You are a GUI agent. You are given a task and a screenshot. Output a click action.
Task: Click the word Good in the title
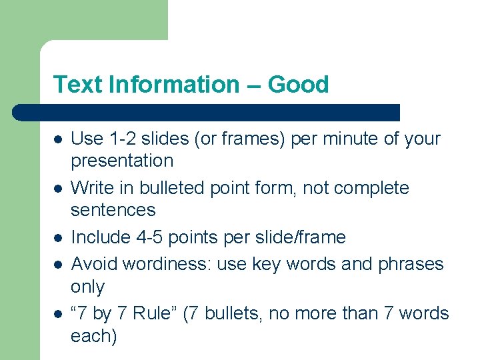click(x=298, y=85)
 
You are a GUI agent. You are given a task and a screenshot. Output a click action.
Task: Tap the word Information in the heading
click(x=173, y=85)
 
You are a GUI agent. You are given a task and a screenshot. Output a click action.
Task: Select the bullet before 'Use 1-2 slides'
click(x=58, y=140)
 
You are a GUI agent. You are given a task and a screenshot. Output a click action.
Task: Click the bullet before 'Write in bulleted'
click(x=58, y=189)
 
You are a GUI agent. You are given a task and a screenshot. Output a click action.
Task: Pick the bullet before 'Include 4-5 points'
click(x=58, y=238)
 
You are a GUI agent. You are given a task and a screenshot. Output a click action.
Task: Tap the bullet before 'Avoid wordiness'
click(x=58, y=265)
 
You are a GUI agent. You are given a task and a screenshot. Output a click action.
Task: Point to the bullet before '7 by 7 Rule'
click(x=58, y=313)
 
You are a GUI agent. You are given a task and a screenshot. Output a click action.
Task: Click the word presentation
click(x=122, y=161)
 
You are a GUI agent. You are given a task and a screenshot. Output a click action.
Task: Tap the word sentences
click(x=113, y=210)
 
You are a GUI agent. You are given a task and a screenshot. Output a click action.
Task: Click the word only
click(x=87, y=287)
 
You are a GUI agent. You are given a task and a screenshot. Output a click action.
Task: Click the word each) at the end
click(x=93, y=336)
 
